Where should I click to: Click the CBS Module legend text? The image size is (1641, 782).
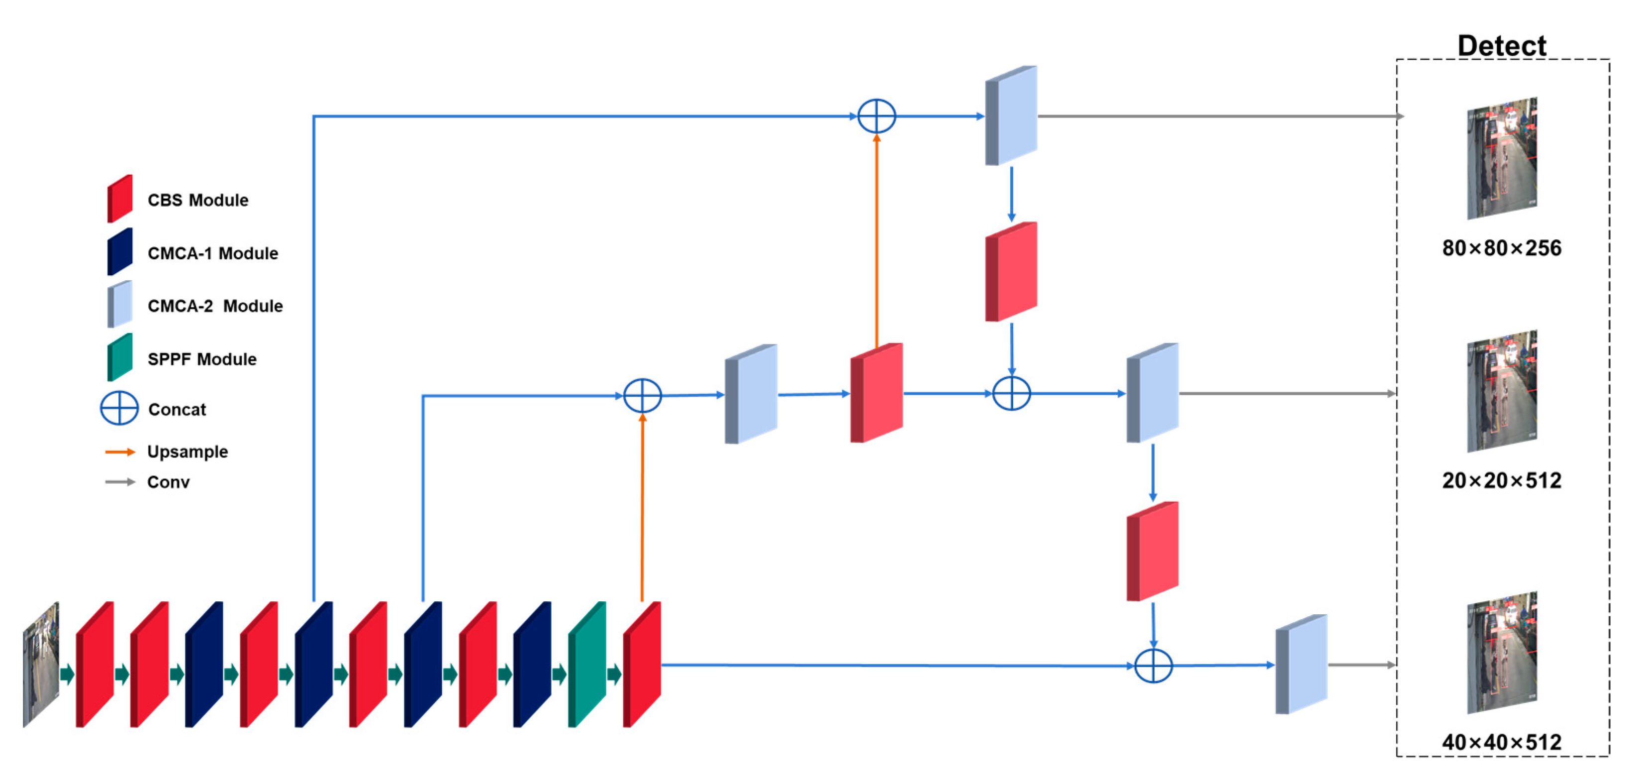click(x=197, y=200)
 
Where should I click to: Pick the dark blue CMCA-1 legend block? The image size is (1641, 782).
click(x=120, y=252)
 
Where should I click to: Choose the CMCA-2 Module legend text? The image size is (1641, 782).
click(x=215, y=306)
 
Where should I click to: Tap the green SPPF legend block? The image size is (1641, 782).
click(x=120, y=357)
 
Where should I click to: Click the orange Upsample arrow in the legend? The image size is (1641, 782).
click(x=120, y=452)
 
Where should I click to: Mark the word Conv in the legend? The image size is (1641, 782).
click(x=168, y=482)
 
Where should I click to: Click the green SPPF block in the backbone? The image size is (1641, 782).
click(x=586, y=664)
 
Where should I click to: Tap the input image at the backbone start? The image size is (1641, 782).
click(x=41, y=664)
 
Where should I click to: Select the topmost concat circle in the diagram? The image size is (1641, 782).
click(x=876, y=116)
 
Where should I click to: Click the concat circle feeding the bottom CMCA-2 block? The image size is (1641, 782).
click(x=1153, y=666)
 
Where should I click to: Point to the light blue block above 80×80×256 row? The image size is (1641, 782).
click(x=1011, y=115)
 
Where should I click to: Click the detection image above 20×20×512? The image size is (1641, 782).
click(x=1502, y=391)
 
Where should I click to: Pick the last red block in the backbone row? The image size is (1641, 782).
click(x=642, y=664)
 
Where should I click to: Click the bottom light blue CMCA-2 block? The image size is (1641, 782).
click(x=1301, y=664)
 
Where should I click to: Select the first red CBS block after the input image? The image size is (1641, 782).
click(x=95, y=664)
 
